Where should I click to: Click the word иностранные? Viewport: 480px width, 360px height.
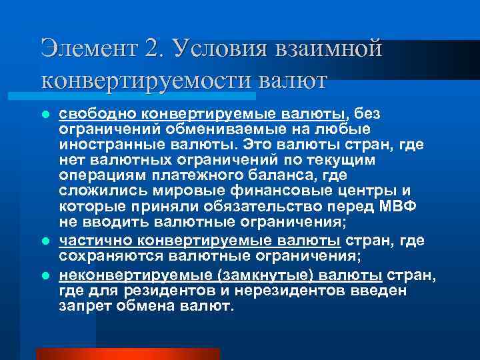[115, 145]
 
